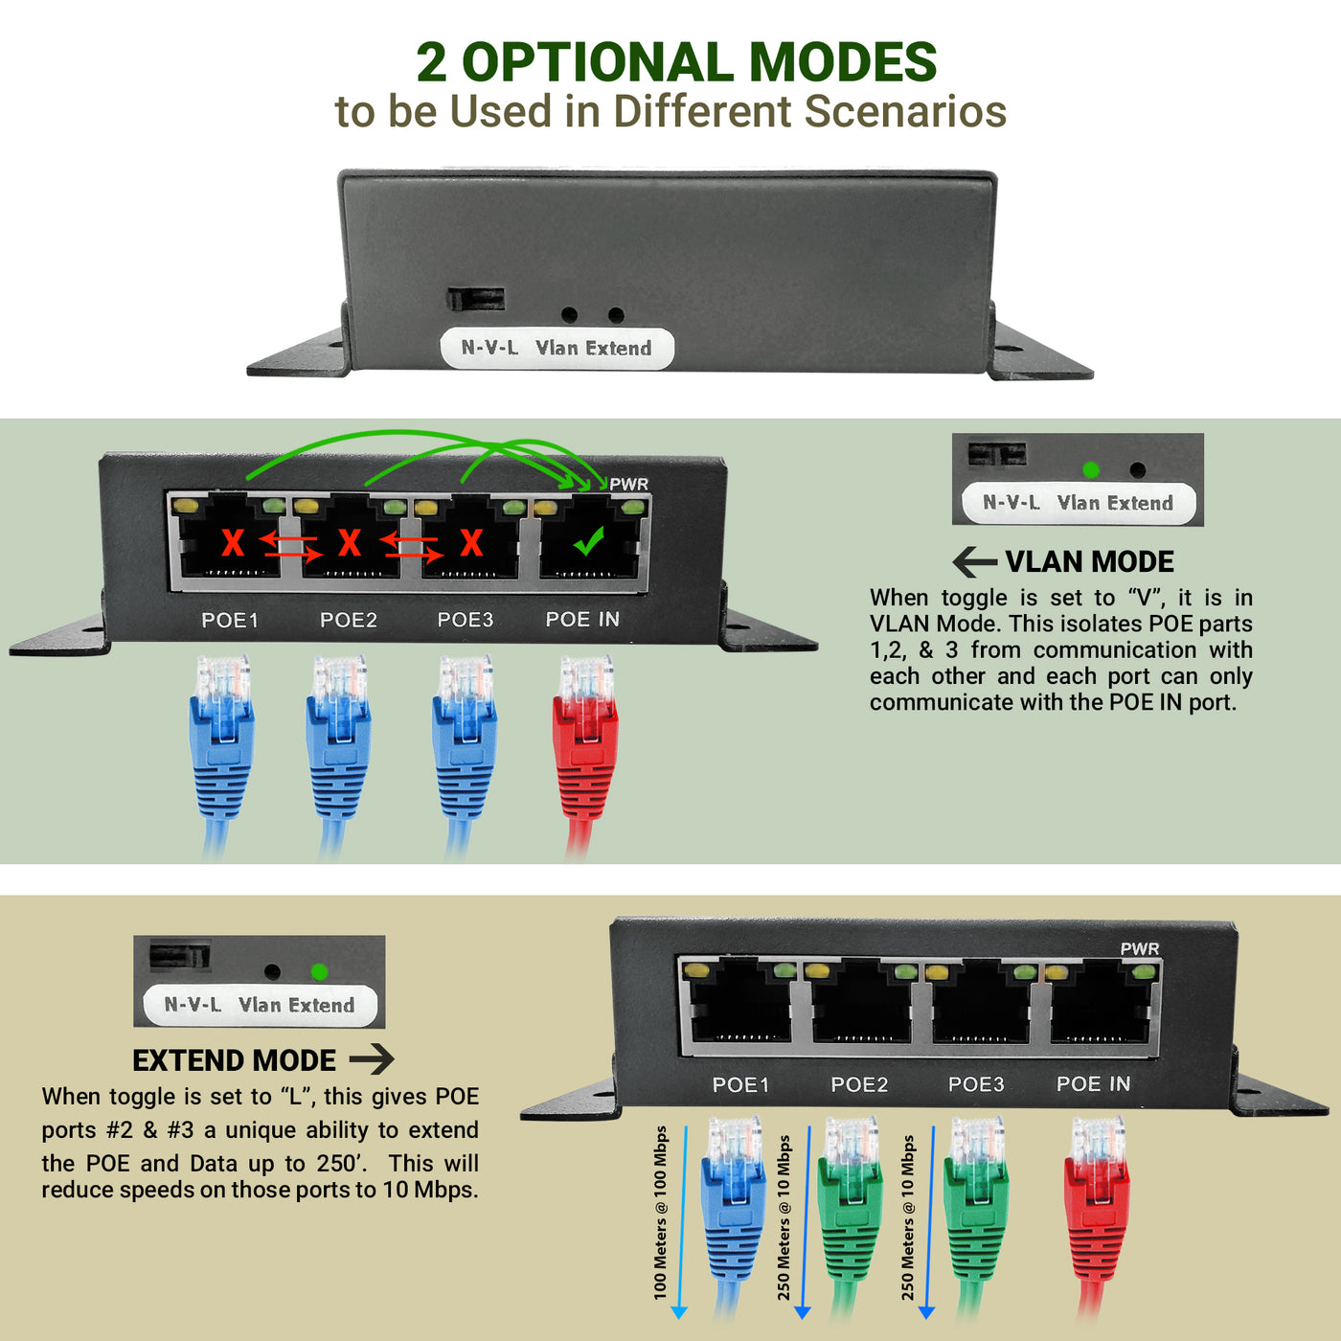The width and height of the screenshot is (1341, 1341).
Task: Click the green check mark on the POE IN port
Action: point(588,542)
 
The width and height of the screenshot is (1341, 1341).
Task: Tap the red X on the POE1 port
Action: point(233,542)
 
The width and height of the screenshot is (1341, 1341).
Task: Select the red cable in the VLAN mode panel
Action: point(584,747)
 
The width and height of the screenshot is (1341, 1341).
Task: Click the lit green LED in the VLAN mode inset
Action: point(1090,469)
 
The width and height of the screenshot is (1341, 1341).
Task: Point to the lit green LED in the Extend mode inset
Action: point(319,971)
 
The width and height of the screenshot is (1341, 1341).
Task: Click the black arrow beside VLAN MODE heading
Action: point(975,562)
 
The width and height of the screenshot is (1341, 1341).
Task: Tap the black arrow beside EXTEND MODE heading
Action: point(372,1059)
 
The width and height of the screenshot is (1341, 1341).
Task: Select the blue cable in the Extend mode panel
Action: point(733,1207)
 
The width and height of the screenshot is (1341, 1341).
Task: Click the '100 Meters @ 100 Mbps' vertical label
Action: point(660,1213)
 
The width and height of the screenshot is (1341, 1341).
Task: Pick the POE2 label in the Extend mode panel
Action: point(859,1084)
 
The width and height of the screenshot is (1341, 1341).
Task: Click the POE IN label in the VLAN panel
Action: point(582,620)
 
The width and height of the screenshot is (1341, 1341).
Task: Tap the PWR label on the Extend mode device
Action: point(1140,948)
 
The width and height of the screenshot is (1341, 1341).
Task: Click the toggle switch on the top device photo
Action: point(475,299)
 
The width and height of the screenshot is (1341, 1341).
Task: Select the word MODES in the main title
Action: point(842,62)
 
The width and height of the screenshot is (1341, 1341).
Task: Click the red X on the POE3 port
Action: point(471,542)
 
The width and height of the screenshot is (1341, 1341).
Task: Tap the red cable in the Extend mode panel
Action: point(1097,1207)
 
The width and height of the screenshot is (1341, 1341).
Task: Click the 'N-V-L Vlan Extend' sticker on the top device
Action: point(557,348)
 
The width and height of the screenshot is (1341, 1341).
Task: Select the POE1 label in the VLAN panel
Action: point(230,620)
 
